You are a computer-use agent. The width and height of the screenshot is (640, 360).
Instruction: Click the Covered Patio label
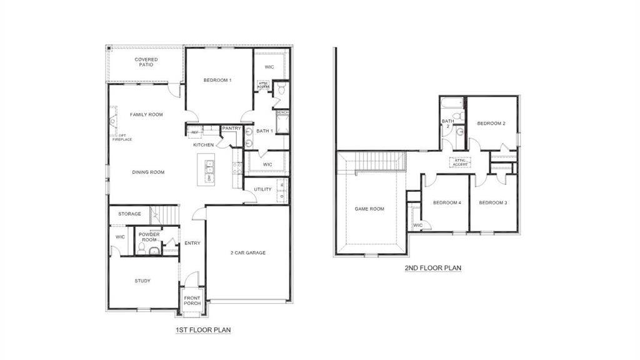pos(146,62)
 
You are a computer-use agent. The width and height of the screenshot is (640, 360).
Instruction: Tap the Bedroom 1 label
pos(217,80)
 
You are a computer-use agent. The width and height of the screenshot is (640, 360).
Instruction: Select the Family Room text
pos(146,114)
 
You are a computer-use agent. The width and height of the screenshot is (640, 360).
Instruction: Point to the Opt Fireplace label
pos(122,137)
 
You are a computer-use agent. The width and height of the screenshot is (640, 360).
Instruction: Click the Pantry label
pos(231,128)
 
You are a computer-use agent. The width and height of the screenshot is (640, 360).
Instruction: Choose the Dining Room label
pos(148,172)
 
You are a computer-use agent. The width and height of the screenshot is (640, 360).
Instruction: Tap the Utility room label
pos(262,189)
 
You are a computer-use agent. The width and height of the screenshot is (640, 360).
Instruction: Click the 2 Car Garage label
pos(248,252)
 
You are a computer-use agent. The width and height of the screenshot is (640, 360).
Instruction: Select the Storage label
pos(129,214)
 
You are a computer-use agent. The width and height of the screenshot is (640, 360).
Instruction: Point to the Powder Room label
pos(149,237)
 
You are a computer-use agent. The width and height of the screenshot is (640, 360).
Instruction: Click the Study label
pos(142,281)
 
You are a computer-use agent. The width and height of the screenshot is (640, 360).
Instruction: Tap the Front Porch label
pos(192,301)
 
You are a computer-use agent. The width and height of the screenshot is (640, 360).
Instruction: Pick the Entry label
pos(192,243)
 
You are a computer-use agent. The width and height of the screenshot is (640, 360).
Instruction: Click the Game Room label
pos(369,209)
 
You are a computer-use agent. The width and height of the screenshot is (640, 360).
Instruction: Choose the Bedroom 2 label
pos(491,124)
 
